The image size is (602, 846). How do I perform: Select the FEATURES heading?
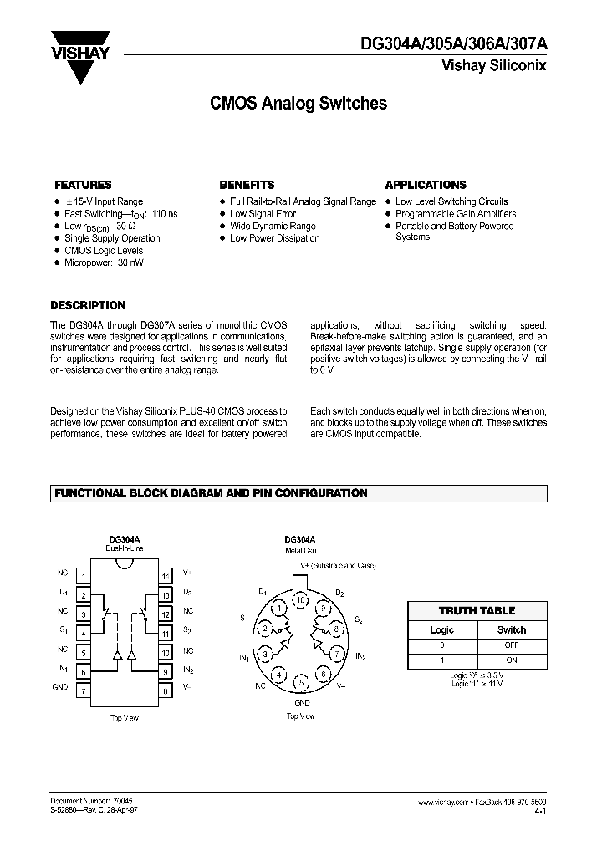click(x=83, y=185)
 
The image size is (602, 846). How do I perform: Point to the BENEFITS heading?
click(x=247, y=185)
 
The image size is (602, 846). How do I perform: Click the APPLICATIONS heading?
click(x=426, y=185)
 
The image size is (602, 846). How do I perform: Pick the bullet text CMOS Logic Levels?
click(x=104, y=251)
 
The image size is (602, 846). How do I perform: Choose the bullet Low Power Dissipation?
click(x=274, y=238)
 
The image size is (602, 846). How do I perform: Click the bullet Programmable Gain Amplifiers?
click(x=456, y=214)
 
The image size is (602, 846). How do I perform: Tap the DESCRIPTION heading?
click(x=88, y=306)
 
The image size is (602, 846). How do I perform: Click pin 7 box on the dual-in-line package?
click(x=84, y=691)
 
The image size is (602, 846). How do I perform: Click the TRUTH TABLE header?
click(x=477, y=611)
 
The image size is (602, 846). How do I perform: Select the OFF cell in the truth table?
click(x=511, y=645)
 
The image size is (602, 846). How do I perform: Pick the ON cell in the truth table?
click(x=511, y=660)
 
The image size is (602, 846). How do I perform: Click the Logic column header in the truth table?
click(x=441, y=630)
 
